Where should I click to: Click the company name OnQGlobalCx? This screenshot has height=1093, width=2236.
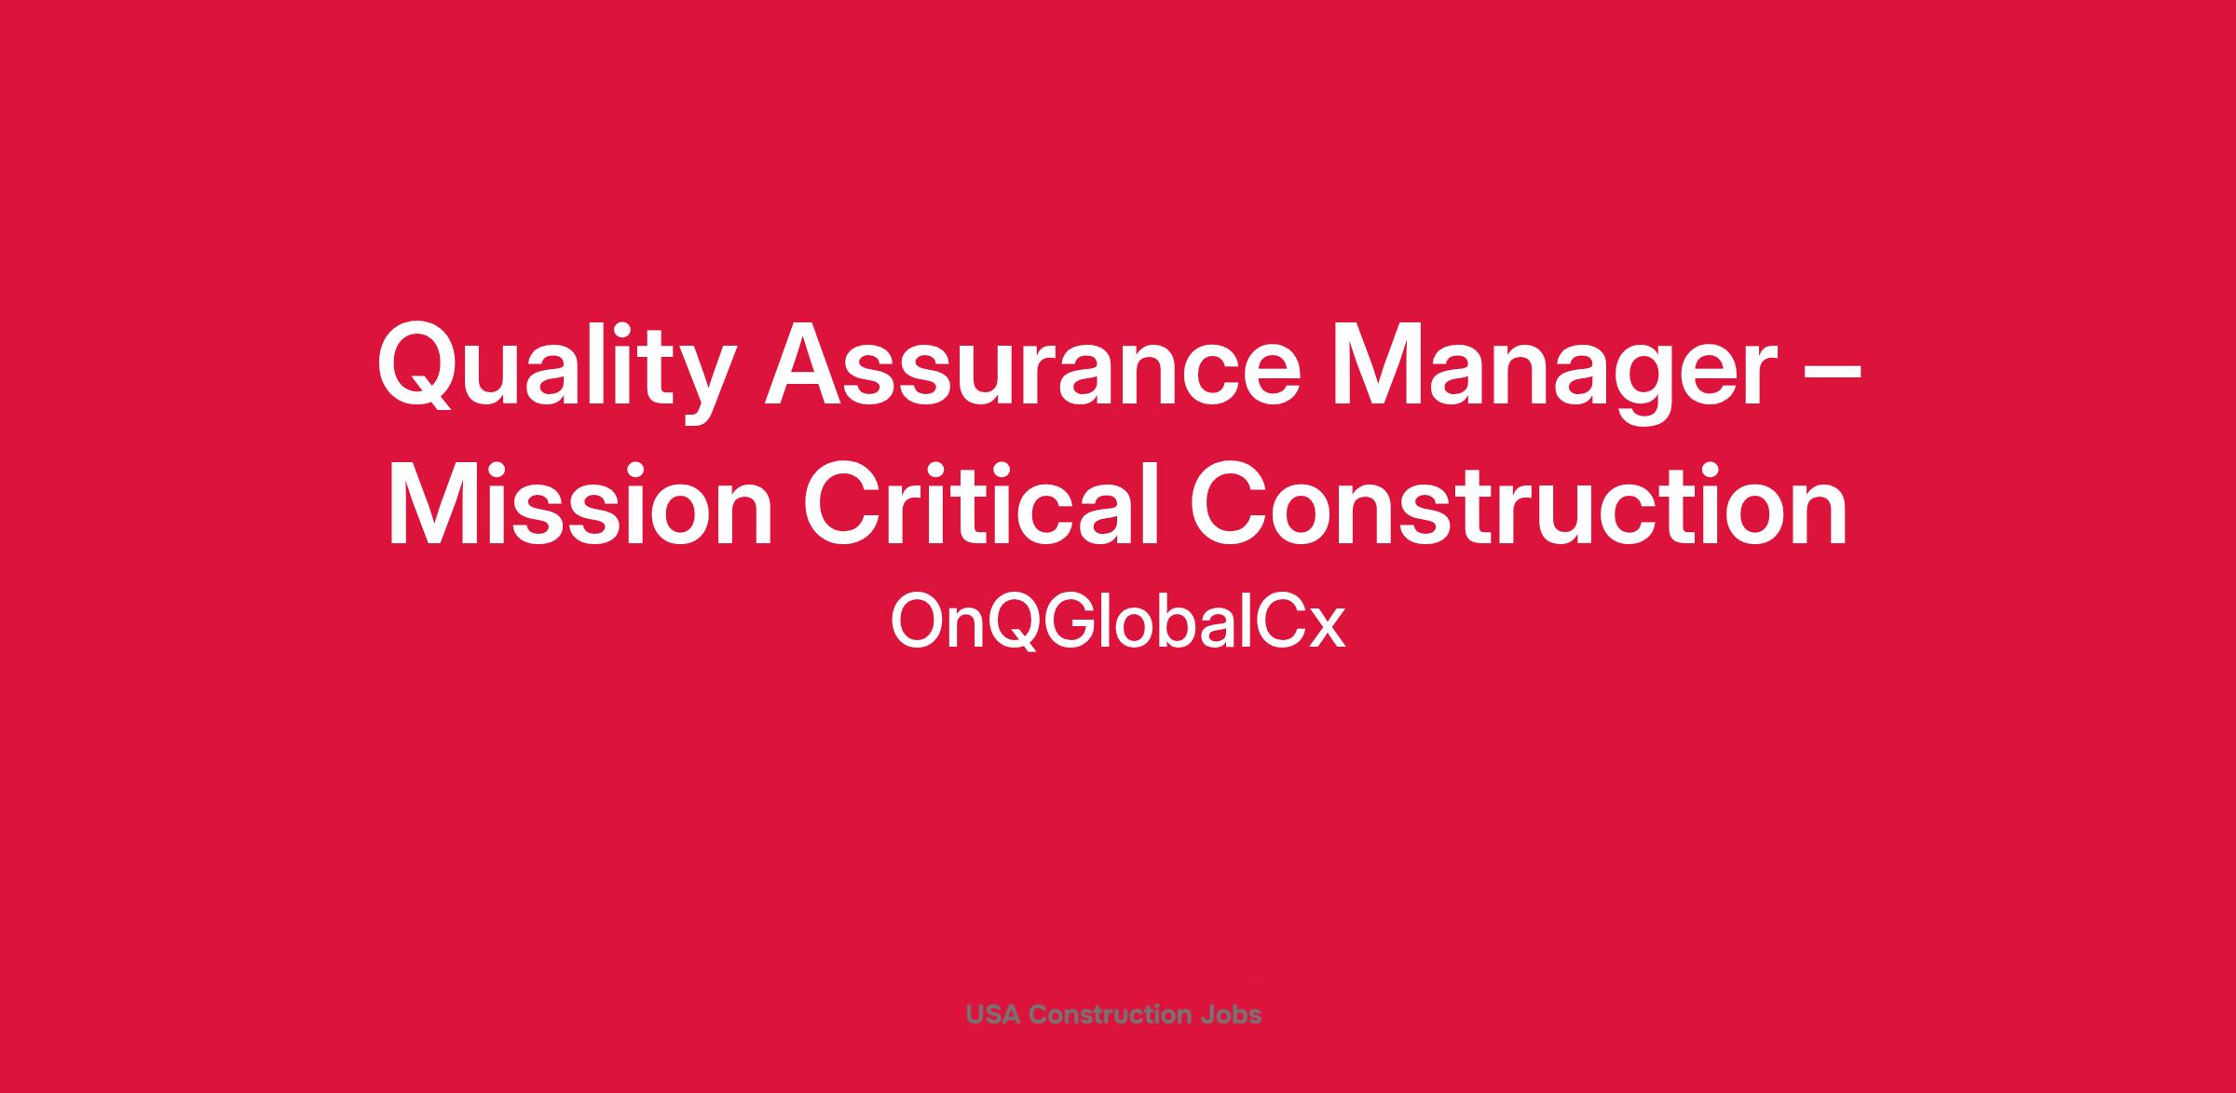click(x=1118, y=622)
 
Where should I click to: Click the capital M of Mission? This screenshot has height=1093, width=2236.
click(x=436, y=504)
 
